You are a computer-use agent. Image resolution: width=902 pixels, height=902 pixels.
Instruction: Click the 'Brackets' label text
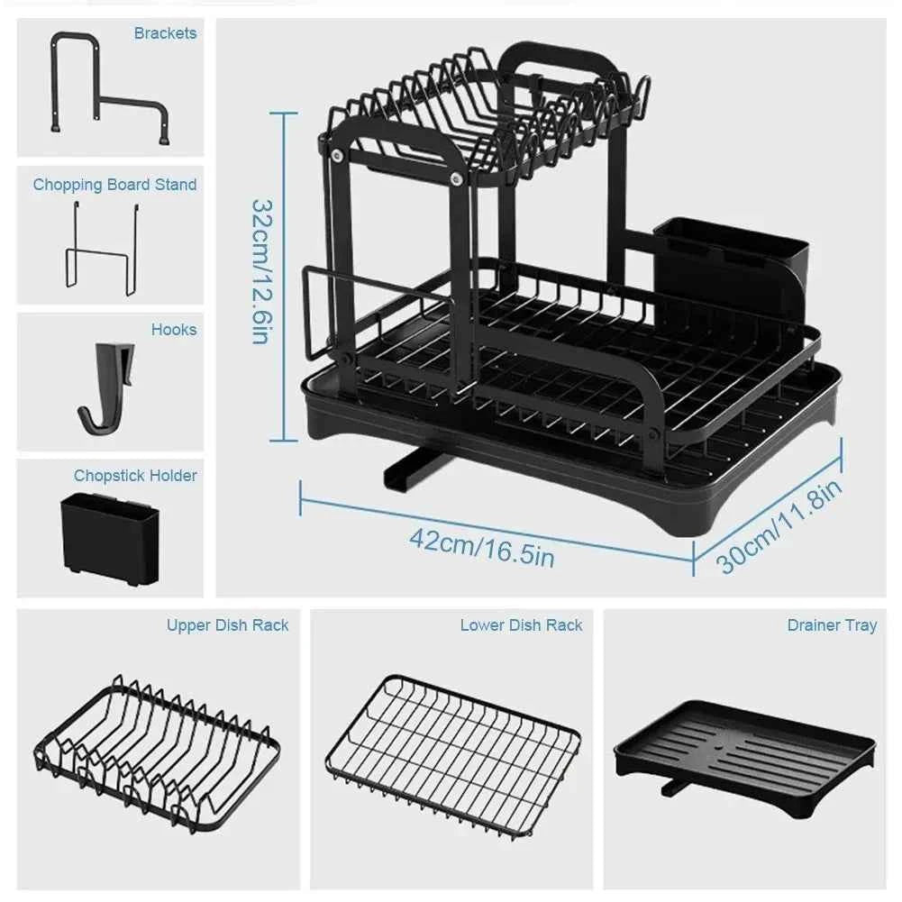(x=165, y=33)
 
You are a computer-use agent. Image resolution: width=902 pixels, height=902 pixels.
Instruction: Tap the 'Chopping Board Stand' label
(x=114, y=185)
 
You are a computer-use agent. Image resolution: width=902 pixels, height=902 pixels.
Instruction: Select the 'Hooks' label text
(x=174, y=330)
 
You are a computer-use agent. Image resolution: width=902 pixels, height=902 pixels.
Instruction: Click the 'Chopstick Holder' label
(x=135, y=476)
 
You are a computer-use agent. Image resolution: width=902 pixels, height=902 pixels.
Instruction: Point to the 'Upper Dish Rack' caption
(x=227, y=625)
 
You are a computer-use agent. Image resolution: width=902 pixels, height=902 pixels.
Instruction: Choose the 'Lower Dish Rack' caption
(x=521, y=625)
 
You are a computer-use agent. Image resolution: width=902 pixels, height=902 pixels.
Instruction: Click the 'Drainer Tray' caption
(x=831, y=625)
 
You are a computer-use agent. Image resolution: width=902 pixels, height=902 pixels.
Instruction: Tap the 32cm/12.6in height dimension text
(x=260, y=271)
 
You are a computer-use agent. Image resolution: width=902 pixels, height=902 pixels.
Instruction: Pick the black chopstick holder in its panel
(x=110, y=539)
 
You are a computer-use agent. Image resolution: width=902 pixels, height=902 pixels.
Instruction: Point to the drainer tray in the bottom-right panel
(x=744, y=757)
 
